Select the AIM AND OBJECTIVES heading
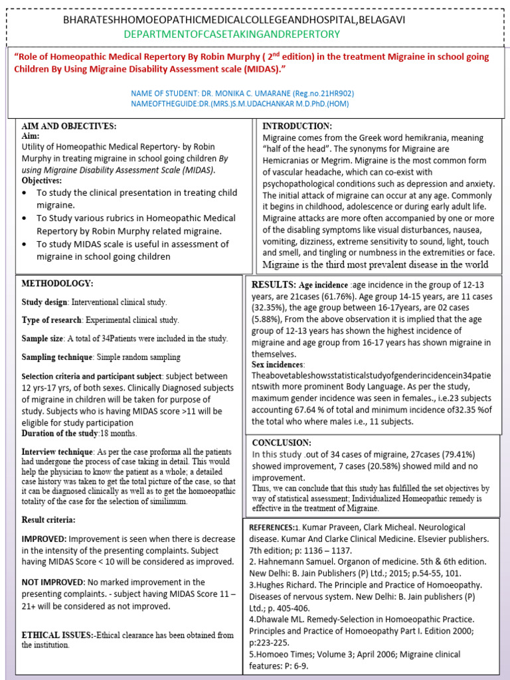click(x=69, y=126)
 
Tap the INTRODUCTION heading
click(x=296, y=126)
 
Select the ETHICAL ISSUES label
click(x=57, y=635)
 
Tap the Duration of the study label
click(x=60, y=433)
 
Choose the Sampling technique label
click(x=56, y=357)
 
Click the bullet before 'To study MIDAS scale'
click(x=24, y=245)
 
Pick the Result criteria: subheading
click(x=48, y=519)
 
